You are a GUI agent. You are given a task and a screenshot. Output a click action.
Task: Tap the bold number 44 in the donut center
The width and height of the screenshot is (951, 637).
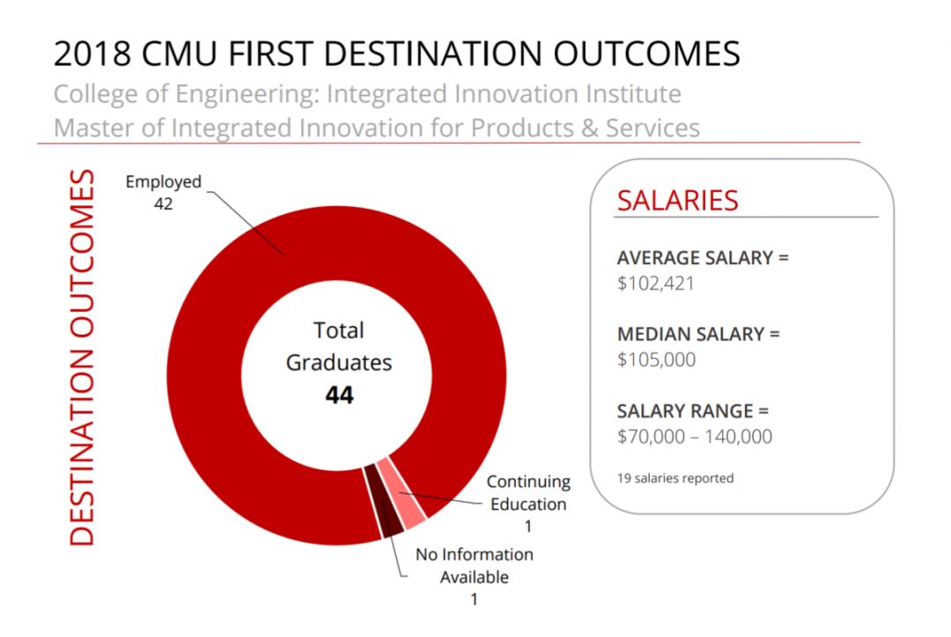pyautogui.click(x=339, y=396)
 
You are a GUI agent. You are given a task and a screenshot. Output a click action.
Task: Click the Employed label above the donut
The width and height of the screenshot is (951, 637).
pyautogui.click(x=163, y=181)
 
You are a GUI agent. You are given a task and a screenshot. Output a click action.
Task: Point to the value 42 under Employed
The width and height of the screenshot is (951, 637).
pyautogui.click(x=163, y=204)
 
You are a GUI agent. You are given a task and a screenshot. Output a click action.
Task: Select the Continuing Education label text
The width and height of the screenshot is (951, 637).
pyautogui.click(x=528, y=493)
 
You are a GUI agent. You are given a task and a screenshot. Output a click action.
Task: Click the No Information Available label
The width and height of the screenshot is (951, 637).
pyautogui.click(x=475, y=566)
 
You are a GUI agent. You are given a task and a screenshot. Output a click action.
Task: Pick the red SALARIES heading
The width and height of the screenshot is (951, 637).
pyautogui.click(x=677, y=200)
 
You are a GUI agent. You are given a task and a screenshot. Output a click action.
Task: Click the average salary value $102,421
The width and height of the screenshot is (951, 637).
pyautogui.click(x=656, y=284)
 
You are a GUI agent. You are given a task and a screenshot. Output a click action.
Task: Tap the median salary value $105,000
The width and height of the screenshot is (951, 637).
pyautogui.click(x=656, y=359)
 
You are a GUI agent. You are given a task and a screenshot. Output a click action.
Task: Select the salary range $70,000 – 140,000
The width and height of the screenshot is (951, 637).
pyautogui.click(x=694, y=436)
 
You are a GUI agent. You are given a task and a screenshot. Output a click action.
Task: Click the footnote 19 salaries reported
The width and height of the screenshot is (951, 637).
pyautogui.click(x=675, y=478)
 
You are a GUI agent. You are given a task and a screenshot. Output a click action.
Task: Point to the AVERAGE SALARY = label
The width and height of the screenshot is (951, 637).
pyautogui.click(x=703, y=258)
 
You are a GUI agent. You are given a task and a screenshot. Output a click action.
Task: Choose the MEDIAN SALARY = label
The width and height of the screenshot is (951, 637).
pyautogui.click(x=698, y=335)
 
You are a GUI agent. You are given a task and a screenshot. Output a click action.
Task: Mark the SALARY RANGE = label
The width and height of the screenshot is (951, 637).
pyautogui.click(x=692, y=411)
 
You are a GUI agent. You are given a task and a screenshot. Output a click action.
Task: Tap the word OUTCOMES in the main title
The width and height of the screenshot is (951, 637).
pyautogui.click(x=646, y=54)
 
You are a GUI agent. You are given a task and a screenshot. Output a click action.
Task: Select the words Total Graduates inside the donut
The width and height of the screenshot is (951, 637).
pyautogui.click(x=339, y=346)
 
